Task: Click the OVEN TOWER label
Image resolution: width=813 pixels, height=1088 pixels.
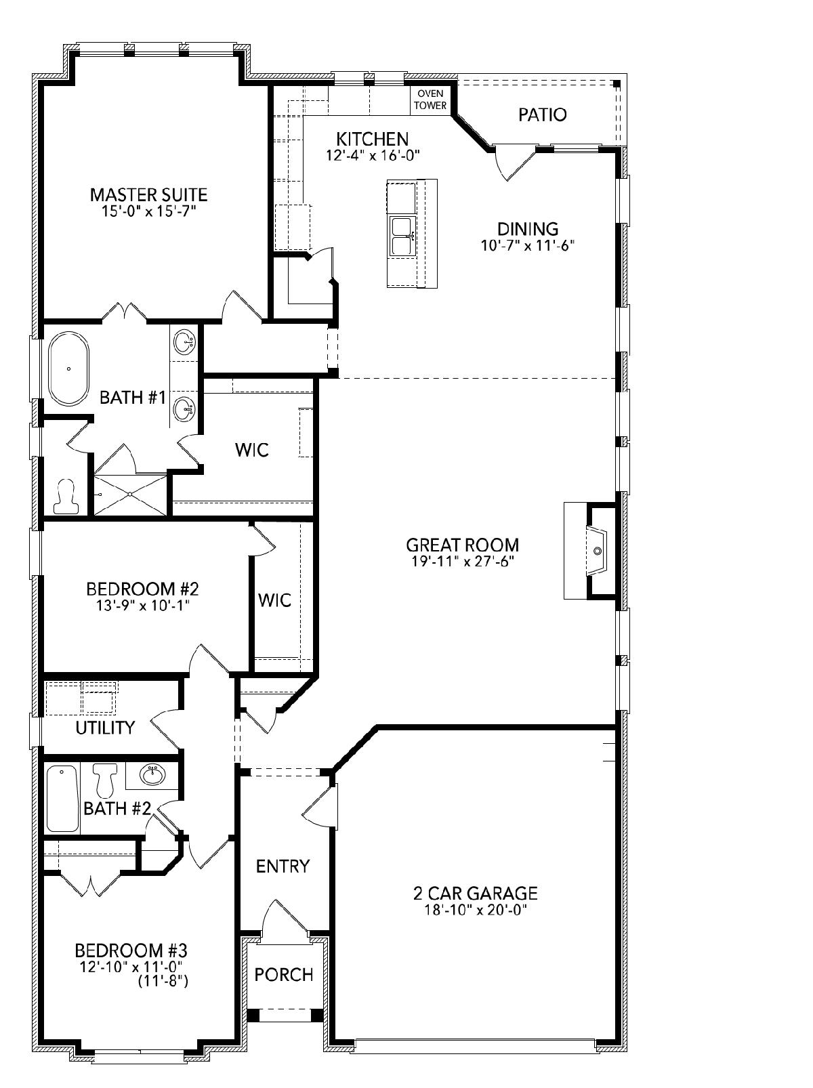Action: (x=430, y=100)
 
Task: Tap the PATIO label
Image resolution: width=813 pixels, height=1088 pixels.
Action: (x=542, y=115)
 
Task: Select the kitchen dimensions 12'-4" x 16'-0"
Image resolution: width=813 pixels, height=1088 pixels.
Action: (x=373, y=156)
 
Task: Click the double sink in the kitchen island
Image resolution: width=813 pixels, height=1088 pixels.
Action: (x=402, y=236)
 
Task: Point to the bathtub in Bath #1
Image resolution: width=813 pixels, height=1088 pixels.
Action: (x=69, y=369)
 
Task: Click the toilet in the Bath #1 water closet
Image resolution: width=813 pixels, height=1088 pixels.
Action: (x=66, y=496)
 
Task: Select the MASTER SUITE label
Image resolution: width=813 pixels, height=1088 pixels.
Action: (x=148, y=195)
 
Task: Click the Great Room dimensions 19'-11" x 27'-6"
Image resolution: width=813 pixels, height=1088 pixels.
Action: (x=462, y=561)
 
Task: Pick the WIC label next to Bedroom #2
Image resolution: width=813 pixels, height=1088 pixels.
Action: (x=274, y=600)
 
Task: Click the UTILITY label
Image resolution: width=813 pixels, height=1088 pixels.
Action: (x=105, y=728)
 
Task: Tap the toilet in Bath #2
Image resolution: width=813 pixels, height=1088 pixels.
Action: (x=104, y=780)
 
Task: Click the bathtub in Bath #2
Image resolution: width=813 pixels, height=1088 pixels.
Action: (x=62, y=799)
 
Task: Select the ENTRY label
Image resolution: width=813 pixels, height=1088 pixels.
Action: (x=283, y=866)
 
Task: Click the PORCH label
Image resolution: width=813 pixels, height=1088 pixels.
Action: (x=284, y=974)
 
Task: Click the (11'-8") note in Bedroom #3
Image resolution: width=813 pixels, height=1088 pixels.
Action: (x=163, y=981)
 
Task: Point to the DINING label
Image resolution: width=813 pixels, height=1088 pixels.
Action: (x=528, y=229)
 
